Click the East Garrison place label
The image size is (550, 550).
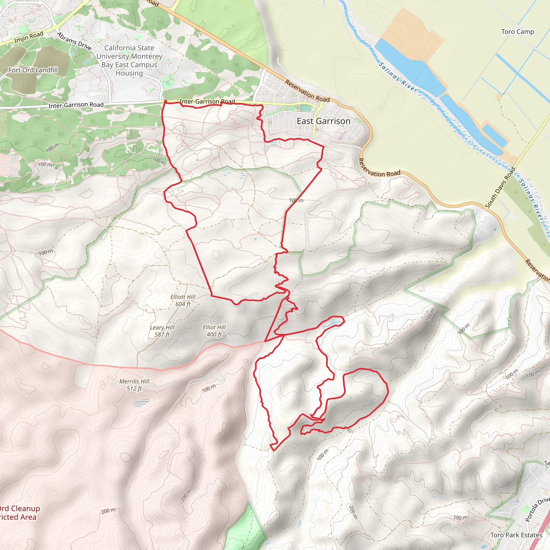click(x=323, y=121)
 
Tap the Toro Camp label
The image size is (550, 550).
click(x=517, y=32)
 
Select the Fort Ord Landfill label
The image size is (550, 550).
click(x=33, y=70)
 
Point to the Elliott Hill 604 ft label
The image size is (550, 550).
click(x=183, y=300)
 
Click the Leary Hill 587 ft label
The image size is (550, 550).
click(x=162, y=331)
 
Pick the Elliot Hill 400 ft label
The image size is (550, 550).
click(x=214, y=331)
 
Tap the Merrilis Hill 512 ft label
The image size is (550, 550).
click(x=134, y=385)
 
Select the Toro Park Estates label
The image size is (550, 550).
click(x=516, y=535)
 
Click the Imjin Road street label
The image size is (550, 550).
click(x=29, y=37)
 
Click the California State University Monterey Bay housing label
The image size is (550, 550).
click(x=129, y=60)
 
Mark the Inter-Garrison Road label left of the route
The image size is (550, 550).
click(x=76, y=105)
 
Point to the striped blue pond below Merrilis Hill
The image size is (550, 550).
click(x=142, y=403)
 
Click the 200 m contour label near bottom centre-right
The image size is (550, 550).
click(x=352, y=512)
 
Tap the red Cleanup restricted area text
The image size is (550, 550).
click(x=19, y=513)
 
